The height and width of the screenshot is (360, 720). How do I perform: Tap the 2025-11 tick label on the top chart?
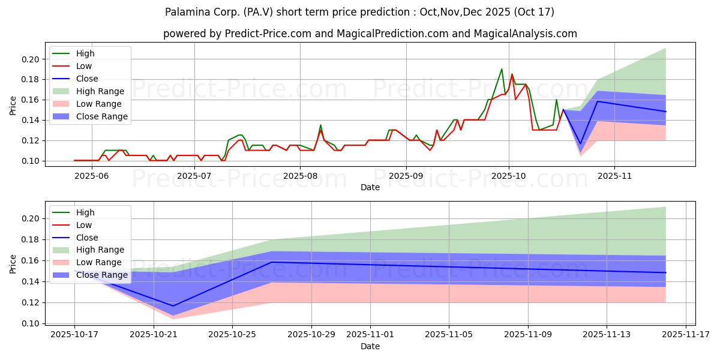614,176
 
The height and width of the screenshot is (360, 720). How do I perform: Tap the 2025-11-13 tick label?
607,335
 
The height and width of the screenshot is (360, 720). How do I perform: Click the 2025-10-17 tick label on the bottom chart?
74,335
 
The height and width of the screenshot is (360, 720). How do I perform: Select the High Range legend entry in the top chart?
100,91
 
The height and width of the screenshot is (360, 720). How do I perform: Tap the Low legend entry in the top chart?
85,66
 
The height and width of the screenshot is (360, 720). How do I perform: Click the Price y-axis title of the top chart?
13,106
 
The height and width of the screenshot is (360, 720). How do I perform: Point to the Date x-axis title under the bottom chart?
370,346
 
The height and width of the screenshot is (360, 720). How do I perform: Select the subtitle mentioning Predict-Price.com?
370,34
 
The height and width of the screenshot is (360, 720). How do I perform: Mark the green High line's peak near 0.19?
502,69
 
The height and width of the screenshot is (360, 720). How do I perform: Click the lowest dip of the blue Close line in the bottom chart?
173,306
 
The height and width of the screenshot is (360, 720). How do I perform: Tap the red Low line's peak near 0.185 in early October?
512,74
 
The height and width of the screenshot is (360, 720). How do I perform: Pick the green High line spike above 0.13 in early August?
320,125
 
